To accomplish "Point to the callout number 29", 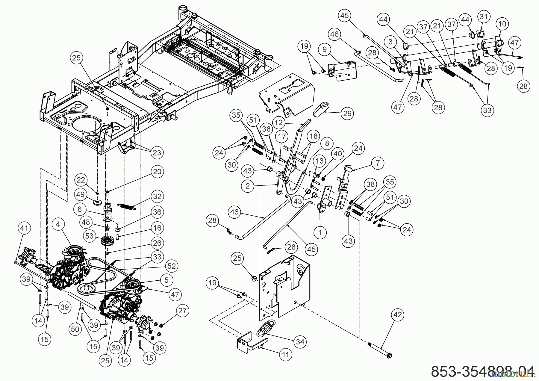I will tap(347, 113).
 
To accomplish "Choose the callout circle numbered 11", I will tap(285, 355).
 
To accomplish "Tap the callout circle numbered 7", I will tap(378, 163).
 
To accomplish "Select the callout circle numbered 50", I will tap(75, 329).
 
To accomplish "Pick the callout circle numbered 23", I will tap(157, 153).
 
